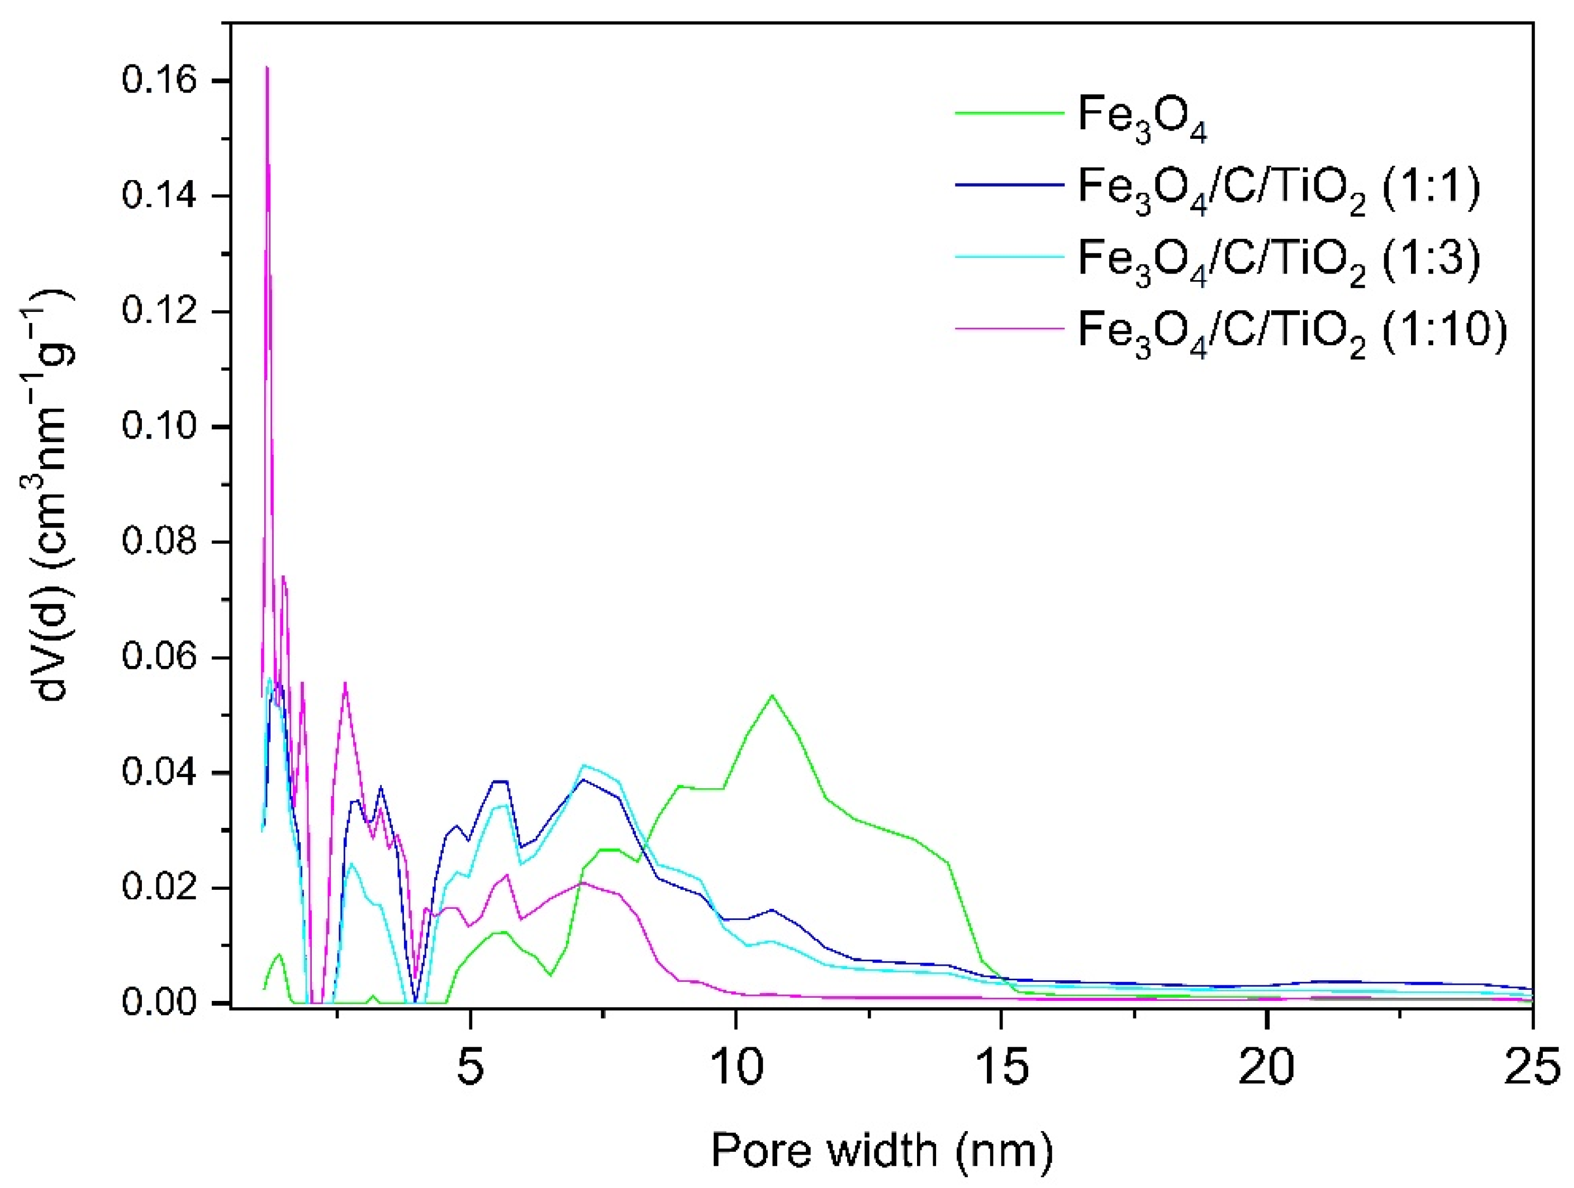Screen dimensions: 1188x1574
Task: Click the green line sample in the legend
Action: pyautogui.click(x=1009, y=112)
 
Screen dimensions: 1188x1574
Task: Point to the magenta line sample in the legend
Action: pyautogui.click(x=1009, y=328)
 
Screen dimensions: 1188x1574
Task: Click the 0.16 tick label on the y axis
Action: pyautogui.click(x=158, y=80)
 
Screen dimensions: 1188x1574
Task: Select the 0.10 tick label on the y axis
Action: pyautogui.click(x=158, y=427)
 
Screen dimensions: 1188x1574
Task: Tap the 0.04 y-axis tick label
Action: pyautogui.click(x=158, y=773)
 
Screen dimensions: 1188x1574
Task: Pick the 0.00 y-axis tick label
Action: pyautogui.click(x=158, y=1002)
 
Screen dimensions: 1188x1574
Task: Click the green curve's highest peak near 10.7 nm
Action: pyautogui.click(x=772, y=695)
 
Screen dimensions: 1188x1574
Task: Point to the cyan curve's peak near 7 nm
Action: pyautogui.click(x=584, y=766)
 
